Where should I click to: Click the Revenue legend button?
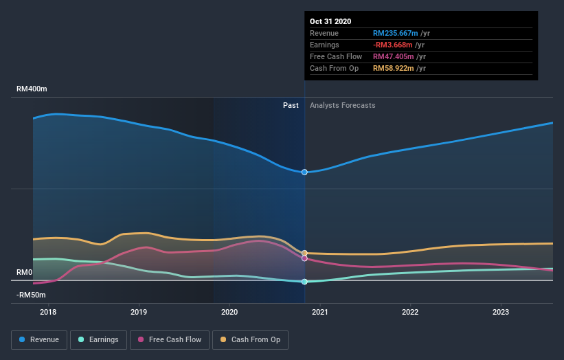point(39,339)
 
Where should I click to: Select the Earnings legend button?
point(98,339)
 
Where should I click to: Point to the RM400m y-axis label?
point(32,89)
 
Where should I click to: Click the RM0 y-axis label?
point(25,273)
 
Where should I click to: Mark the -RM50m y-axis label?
point(32,295)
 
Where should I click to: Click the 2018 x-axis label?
point(48,312)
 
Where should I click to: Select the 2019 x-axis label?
point(139,312)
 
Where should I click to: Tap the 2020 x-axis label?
point(229,312)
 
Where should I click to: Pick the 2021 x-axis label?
point(320,312)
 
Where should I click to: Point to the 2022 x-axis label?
point(410,312)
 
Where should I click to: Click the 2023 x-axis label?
point(501,312)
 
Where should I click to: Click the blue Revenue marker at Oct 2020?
point(304,172)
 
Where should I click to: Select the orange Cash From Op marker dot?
point(304,254)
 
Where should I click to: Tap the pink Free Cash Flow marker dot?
point(304,258)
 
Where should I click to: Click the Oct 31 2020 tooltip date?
point(330,21)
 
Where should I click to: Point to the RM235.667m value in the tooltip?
point(396,33)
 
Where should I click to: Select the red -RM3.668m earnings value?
point(394,45)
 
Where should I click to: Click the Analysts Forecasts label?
point(343,105)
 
